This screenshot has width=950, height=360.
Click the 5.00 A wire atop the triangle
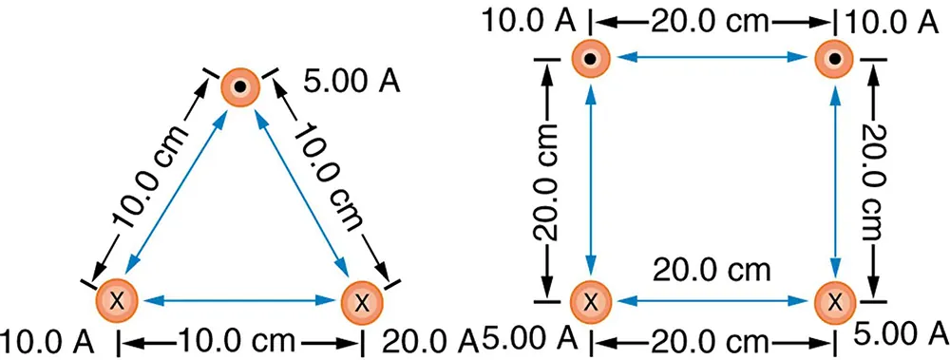tap(239, 87)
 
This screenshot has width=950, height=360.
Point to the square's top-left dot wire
tap(591, 59)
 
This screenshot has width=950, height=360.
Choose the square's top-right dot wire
tap(834, 59)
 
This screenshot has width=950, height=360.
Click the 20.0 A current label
tap(428, 339)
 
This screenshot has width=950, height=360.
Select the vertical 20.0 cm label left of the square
tap(552, 180)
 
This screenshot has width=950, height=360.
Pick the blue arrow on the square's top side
tap(712, 59)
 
